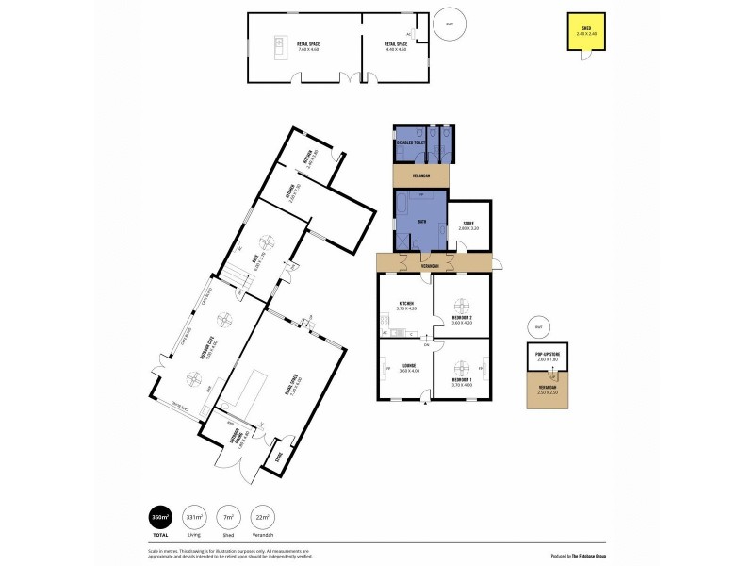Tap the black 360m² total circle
(x=161, y=517)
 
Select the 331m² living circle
(x=194, y=517)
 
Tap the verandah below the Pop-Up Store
(x=548, y=389)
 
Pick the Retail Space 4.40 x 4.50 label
(x=395, y=45)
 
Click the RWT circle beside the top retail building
(x=449, y=27)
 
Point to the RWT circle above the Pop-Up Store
(x=538, y=326)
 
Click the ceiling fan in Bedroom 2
(x=462, y=305)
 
